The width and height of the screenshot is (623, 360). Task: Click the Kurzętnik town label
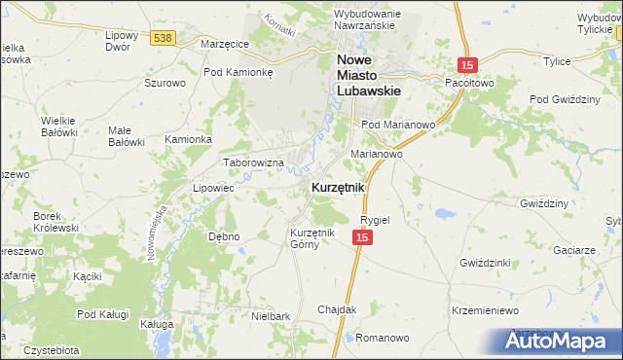click(x=337, y=187)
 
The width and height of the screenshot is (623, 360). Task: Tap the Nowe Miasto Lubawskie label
click(x=370, y=74)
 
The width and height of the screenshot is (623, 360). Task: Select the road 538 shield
click(x=163, y=37)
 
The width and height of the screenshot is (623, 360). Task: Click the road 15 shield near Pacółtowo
click(x=468, y=63)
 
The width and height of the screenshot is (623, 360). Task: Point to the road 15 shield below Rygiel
click(x=362, y=238)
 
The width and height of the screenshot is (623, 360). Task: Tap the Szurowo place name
click(x=165, y=84)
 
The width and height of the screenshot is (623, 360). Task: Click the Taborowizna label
click(x=253, y=162)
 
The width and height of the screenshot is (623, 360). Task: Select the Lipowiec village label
click(x=214, y=187)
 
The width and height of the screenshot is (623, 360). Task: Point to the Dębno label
click(x=224, y=236)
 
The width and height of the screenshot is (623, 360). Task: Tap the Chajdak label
click(x=338, y=309)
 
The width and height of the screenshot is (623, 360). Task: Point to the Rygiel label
click(x=375, y=220)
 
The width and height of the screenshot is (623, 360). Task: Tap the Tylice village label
click(x=557, y=61)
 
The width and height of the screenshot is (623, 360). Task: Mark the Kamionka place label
click(x=188, y=139)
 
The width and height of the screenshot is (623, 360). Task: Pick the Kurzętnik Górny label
click(x=311, y=238)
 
